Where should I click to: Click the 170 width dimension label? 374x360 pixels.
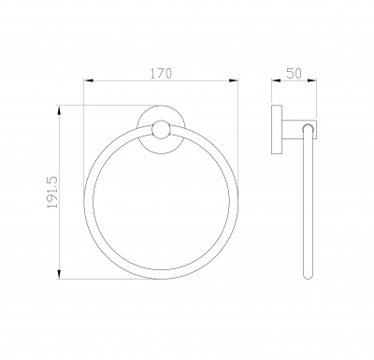[161, 74]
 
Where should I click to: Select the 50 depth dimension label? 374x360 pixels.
[294, 74]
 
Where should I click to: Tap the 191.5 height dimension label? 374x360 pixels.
[52, 193]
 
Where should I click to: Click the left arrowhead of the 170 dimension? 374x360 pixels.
[89, 80]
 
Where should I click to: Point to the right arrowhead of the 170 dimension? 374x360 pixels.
[234, 80]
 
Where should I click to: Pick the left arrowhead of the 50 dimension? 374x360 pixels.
[276, 80]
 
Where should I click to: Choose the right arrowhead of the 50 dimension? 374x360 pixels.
[312, 80]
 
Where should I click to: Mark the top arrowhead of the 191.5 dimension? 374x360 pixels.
[59, 110]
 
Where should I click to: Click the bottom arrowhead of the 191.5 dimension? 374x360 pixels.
[59, 274]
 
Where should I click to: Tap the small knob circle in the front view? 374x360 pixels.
[161, 129]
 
